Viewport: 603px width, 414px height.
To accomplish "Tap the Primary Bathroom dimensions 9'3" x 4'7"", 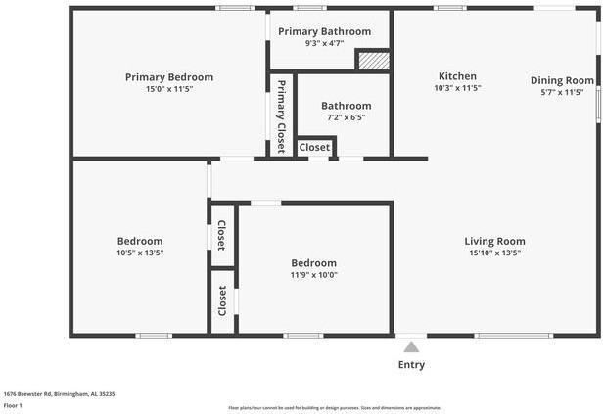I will coord(324,43).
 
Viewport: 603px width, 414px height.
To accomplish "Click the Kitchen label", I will coord(457,76).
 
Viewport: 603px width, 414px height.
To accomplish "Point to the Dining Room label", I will coord(562,80).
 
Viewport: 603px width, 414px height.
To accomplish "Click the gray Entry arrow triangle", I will coord(411,345).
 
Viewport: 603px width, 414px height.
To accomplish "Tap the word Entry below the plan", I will coord(411,365).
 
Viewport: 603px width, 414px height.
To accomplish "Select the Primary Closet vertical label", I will coord(281,115).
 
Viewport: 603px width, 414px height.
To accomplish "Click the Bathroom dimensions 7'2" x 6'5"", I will coord(346,117).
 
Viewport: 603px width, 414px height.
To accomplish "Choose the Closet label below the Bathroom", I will coord(314,147).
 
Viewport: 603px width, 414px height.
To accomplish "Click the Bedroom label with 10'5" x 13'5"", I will coord(140,241).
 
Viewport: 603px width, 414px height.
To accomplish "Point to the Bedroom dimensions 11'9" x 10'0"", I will coord(313,275).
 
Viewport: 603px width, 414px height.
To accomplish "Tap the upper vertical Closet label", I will coord(222,236).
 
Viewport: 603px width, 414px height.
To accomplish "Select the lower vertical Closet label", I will coord(222,299).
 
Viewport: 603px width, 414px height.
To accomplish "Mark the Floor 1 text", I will coord(13,404).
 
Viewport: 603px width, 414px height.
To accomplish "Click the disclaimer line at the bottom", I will coord(334,408).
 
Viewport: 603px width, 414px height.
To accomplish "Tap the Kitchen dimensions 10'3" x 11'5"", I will coord(457,88).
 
